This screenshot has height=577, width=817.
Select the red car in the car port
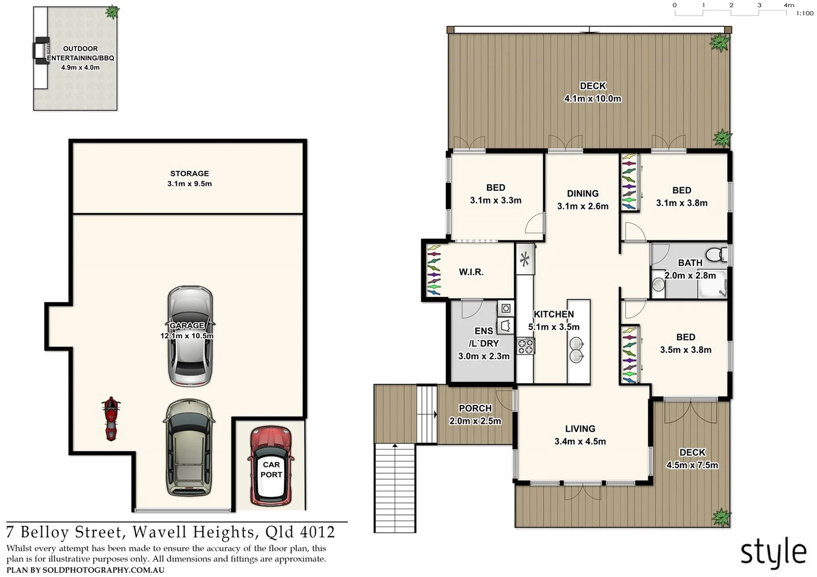coord(271,466)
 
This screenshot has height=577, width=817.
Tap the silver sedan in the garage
coord(190,336)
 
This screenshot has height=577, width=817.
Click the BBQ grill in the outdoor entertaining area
coord(41,51)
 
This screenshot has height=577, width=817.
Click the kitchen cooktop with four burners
coord(525,346)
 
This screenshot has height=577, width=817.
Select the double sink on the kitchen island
coord(576,349)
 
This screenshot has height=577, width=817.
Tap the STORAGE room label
coord(189,174)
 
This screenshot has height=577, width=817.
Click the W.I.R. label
coord(471,272)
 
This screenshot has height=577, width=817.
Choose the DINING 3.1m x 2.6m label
coord(582,200)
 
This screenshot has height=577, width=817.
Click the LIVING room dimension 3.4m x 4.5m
coord(580,441)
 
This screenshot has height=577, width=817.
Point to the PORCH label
coord(475,408)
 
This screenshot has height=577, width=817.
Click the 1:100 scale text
coord(804,13)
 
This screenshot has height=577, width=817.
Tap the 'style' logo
coord(773,552)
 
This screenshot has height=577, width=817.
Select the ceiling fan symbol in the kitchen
coord(525,260)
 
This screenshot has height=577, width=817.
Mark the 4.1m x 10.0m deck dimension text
coord(592,99)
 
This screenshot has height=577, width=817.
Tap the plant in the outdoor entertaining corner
coord(112,12)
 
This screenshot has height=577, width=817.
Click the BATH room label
coord(690,263)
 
